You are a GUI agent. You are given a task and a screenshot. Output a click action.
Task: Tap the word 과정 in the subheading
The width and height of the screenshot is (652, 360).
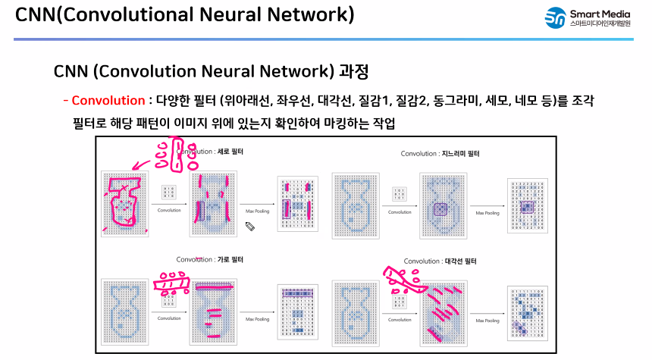click(x=353, y=72)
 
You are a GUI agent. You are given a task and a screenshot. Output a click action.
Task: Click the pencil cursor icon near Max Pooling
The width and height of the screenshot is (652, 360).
click(x=250, y=225)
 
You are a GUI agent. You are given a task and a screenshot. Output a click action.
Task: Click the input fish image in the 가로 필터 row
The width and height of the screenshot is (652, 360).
click(x=121, y=313)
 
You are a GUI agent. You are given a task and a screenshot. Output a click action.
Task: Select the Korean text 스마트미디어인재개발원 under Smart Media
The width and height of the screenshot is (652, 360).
click(x=603, y=24)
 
